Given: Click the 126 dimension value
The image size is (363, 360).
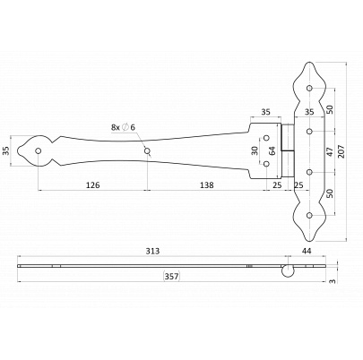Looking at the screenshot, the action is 92,185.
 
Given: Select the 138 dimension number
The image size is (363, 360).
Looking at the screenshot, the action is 207,185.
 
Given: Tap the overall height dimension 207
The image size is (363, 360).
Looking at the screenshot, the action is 341,151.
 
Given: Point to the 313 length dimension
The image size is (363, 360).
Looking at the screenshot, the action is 152,252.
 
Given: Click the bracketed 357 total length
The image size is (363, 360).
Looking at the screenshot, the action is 172,277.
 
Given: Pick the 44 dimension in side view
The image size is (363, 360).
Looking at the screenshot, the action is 307,252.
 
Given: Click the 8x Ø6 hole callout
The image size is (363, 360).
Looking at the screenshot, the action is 123,127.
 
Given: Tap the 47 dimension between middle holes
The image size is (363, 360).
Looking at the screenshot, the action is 330,151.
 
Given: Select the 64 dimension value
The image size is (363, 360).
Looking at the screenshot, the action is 272,150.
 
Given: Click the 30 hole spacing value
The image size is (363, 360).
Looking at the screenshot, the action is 255,150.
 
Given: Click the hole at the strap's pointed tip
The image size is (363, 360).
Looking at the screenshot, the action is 38,150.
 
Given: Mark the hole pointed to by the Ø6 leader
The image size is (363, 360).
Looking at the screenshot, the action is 147,151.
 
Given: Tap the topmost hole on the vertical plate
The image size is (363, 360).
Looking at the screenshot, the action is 309,88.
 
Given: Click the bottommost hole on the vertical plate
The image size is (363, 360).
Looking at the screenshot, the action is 309,215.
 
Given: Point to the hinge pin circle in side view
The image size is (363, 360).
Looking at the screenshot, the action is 287,270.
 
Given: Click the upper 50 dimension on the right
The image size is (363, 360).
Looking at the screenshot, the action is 330,109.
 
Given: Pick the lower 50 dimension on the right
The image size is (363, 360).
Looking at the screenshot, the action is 330,193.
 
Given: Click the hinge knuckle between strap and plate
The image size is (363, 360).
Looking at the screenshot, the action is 288,151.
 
